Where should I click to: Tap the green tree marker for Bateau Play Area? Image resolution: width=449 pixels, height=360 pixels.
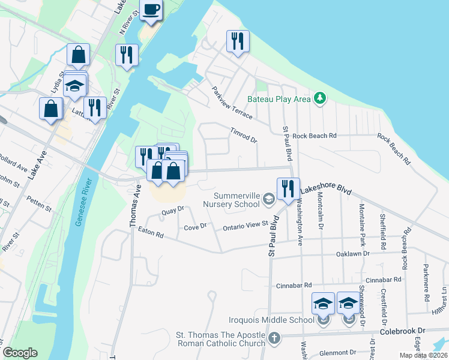coord(321,98)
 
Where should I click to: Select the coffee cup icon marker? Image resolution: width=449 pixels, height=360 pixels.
coord(151,10)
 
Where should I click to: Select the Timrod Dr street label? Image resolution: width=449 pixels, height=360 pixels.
coord(243,135)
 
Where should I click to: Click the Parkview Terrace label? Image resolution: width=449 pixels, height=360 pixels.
coord(231,103)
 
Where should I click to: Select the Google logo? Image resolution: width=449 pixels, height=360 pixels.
coord(20,353)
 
